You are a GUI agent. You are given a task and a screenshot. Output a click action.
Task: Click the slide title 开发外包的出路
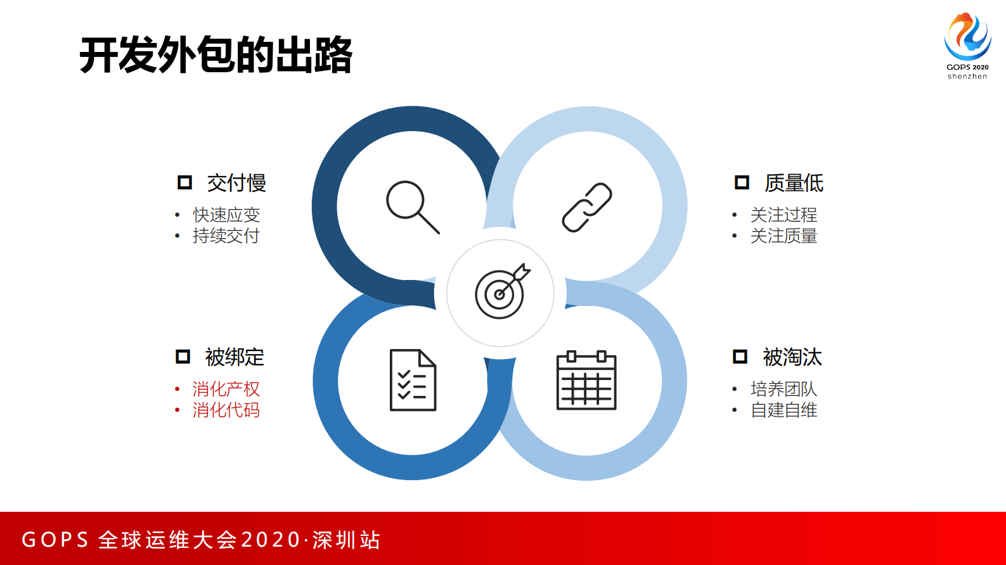pos(216,55)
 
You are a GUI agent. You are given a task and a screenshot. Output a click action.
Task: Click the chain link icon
pos(587,207)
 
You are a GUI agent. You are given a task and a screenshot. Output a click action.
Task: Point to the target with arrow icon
pos(501,292)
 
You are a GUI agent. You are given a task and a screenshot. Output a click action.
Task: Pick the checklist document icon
pos(413,380)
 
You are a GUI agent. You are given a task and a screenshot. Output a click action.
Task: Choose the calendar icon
pos(586,380)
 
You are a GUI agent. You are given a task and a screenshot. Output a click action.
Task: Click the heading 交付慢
pos(236,183)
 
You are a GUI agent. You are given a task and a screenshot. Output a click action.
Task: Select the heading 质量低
pos(794,183)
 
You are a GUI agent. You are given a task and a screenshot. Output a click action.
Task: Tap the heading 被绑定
pos(235,357)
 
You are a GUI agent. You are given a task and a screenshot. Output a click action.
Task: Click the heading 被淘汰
pos(792,357)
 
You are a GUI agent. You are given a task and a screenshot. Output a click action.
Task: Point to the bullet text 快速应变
pos(226,215)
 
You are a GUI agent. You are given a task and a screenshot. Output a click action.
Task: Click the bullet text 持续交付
pos(226,236)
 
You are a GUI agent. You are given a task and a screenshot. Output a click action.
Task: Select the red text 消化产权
pos(226,389)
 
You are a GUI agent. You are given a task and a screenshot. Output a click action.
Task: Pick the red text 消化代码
pos(226,410)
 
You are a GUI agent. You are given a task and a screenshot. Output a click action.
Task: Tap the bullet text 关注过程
pos(784,215)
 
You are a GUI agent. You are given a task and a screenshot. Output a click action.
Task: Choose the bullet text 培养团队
pos(784,389)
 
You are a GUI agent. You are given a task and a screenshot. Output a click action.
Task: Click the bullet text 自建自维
pos(784,410)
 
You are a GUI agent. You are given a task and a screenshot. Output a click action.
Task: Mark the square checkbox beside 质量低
pos(742,183)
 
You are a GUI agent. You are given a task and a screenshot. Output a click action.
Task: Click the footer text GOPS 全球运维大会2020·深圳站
pos(201,540)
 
